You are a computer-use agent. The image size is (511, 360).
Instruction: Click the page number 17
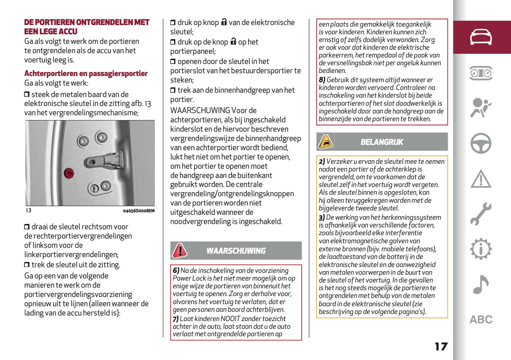click(x=441, y=347)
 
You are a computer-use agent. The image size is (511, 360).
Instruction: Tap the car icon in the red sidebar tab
click(x=481, y=37)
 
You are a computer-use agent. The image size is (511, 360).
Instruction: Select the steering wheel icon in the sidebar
click(x=481, y=143)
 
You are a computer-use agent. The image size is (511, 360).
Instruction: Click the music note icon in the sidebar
click(x=481, y=284)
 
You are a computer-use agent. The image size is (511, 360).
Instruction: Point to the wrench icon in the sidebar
click(x=481, y=214)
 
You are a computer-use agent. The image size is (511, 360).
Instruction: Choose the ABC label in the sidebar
click(x=481, y=320)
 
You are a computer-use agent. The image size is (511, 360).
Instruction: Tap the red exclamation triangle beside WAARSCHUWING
click(x=180, y=250)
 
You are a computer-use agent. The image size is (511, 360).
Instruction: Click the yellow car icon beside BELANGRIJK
click(x=325, y=142)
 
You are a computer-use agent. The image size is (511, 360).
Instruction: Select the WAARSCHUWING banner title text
click(x=236, y=251)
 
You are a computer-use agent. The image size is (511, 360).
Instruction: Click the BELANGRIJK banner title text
click(x=382, y=142)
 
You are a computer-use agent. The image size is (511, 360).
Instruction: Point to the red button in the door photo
click(x=69, y=173)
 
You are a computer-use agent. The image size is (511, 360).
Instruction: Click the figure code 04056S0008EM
click(x=139, y=211)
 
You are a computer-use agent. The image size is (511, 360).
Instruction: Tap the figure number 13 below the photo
click(x=28, y=210)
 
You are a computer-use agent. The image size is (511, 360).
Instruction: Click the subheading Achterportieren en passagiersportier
click(x=86, y=74)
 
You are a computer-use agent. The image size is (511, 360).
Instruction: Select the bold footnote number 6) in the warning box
click(x=176, y=271)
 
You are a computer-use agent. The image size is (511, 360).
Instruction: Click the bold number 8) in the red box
click(x=322, y=80)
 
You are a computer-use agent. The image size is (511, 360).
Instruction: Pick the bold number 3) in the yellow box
click(x=321, y=217)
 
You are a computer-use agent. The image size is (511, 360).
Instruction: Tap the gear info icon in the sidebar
click(x=481, y=249)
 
